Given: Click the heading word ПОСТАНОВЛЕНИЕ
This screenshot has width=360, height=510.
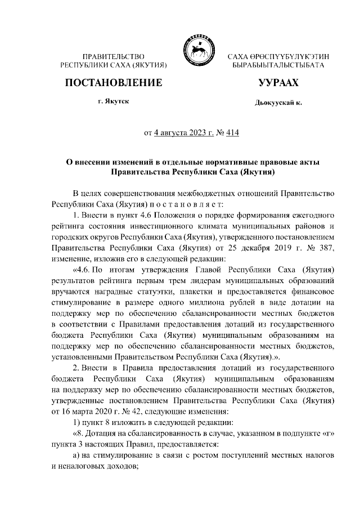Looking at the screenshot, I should coord(114,83).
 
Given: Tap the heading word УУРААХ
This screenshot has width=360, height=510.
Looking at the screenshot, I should coord(278,83).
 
